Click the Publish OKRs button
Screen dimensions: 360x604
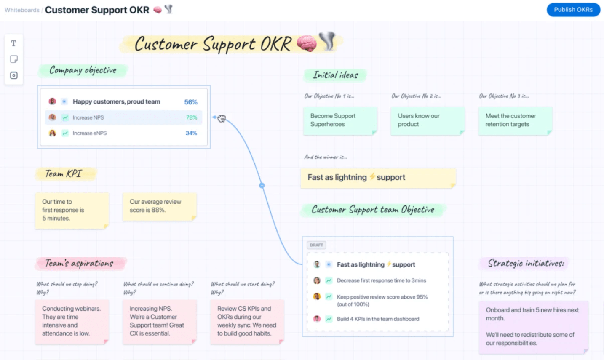pyautogui.click(x=573, y=10)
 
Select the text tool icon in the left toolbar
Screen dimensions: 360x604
pyautogui.click(x=13, y=43)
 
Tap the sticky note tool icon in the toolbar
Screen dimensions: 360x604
pyautogui.click(x=13, y=59)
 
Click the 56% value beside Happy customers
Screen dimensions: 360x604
pyautogui.click(x=191, y=102)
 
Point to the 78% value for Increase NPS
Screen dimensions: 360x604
pyautogui.click(x=192, y=117)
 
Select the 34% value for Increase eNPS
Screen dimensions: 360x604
pyautogui.click(x=191, y=133)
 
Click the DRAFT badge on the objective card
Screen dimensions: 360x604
pyautogui.click(x=316, y=245)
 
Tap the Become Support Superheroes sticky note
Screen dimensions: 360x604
pyautogui.click(x=339, y=120)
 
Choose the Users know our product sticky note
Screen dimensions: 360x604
pyautogui.click(x=427, y=120)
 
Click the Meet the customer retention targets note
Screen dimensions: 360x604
pyautogui.click(x=515, y=120)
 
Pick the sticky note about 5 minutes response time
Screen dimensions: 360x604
pyautogui.click(x=72, y=210)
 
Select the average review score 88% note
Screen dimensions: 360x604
pyautogui.click(x=159, y=206)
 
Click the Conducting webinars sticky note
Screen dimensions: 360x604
pyautogui.click(x=72, y=321)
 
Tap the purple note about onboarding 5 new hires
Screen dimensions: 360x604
pyautogui.click(x=533, y=327)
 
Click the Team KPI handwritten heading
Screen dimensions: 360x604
pyautogui.click(x=64, y=173)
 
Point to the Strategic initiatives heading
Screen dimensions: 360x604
pyautogui.click(x=526, y=263)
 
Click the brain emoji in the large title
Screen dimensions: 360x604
pyautogui.click(x=306, y=43)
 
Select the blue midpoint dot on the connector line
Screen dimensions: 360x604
pyautogui.click(x=262, y=185)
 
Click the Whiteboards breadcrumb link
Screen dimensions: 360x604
pyautogui.click(x=22, y=10)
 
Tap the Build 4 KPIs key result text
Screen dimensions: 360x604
pyautogui.click(x=378, y=319)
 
